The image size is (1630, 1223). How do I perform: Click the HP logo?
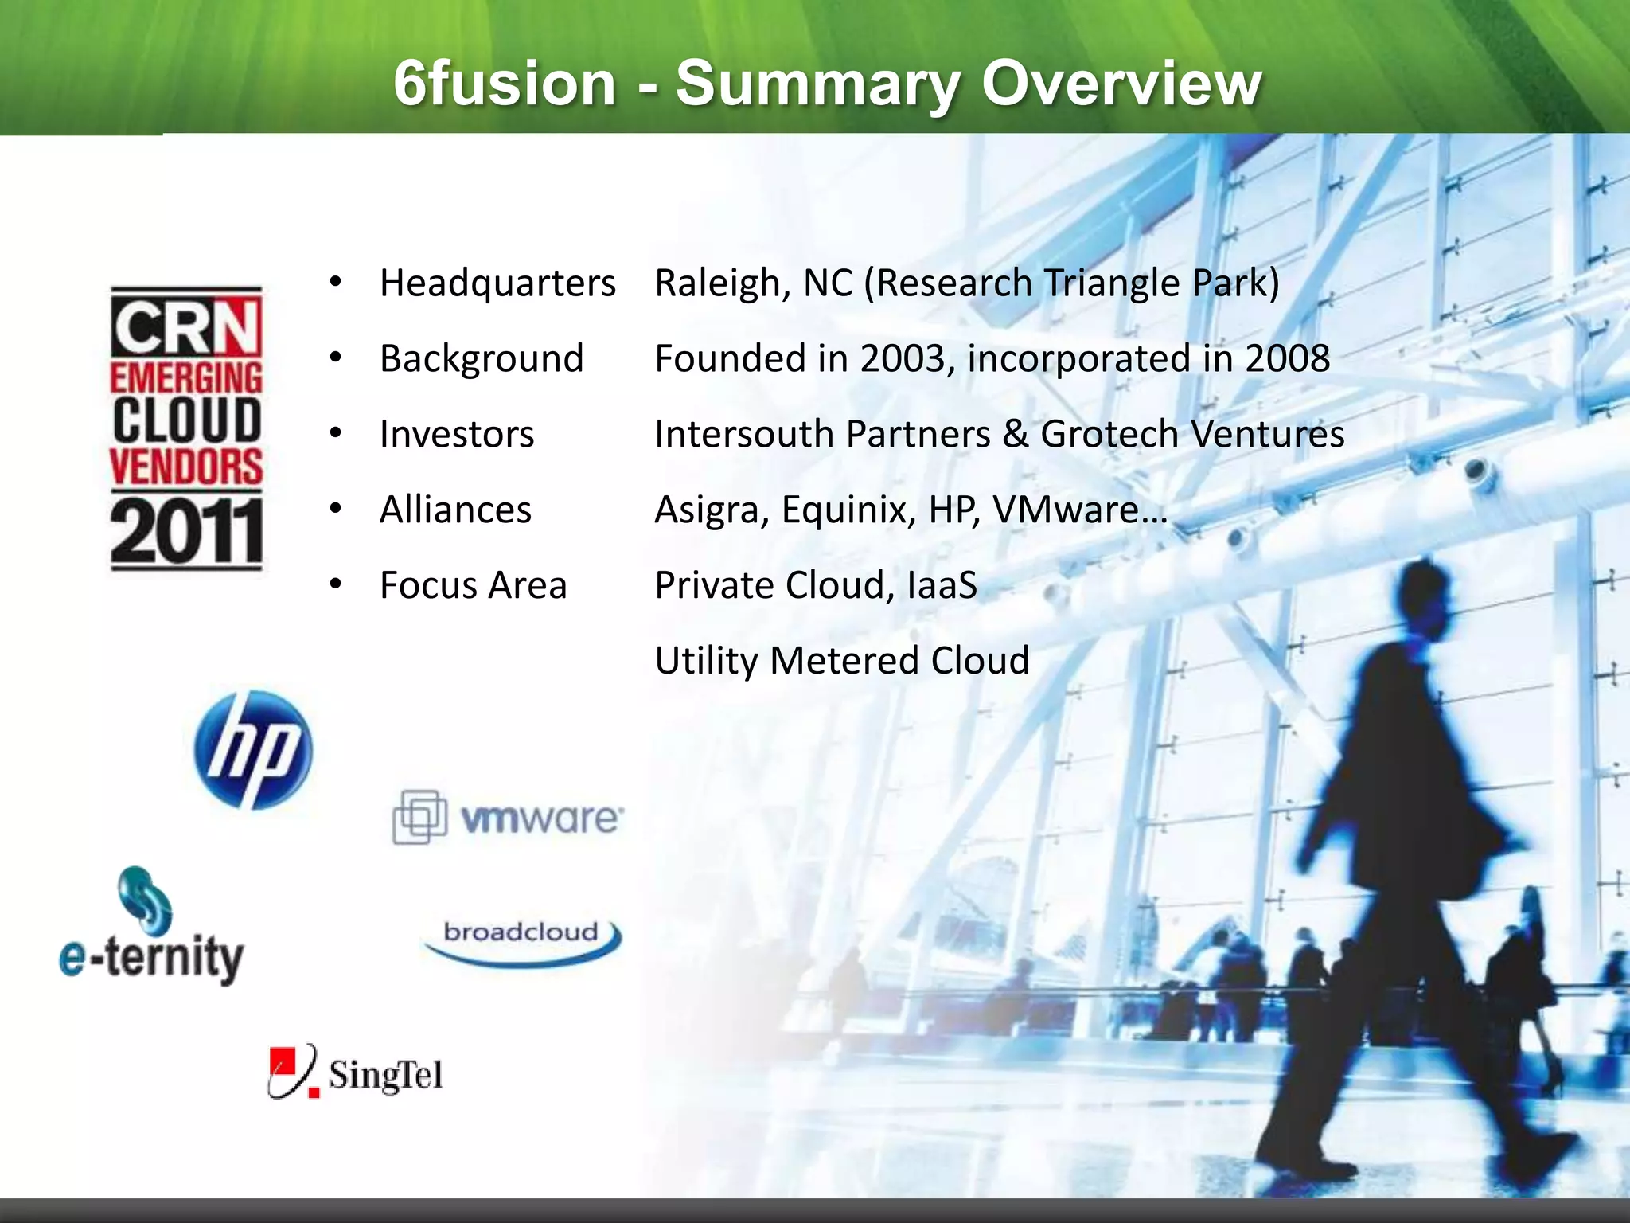click(x=253, y=750)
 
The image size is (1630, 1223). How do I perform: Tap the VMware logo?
click(x=508, y=817)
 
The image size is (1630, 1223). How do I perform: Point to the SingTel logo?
click(x=356, y=1073)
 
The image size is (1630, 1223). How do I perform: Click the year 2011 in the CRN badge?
click(x=186, y=531)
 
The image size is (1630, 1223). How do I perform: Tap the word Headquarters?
click(x=497, y=283)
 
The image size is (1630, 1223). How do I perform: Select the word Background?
click(x=482, y=358)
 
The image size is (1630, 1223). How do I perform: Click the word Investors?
click(x=457, y=434)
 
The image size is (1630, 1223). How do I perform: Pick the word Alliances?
click(x=455, y=510)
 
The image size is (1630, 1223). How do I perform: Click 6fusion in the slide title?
click(x=505, y=84)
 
